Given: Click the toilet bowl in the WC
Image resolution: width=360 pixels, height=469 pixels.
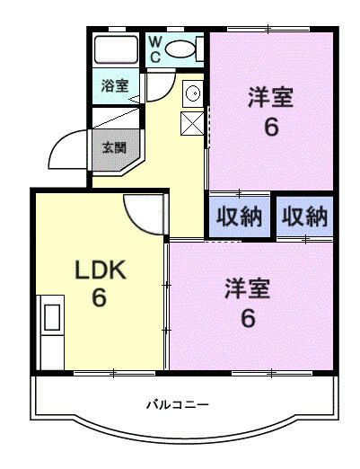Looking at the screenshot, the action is point(180,49).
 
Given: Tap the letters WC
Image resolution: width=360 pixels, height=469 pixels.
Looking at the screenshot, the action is point(155,49).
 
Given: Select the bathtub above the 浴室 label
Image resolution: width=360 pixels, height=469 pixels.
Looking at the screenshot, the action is point(116,49).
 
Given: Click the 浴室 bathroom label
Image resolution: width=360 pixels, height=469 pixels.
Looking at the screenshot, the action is point(115,86).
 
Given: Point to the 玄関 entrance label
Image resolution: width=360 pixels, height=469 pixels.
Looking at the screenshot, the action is point(114,147).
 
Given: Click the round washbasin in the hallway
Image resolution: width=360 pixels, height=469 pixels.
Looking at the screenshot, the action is point(192,93).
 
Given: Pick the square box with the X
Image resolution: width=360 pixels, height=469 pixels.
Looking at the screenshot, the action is point(192,123).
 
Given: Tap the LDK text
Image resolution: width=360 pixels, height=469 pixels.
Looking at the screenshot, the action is point(100,270).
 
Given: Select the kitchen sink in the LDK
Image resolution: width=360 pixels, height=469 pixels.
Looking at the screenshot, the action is point(52,317).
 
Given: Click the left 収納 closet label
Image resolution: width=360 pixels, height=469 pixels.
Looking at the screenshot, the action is point(240,217).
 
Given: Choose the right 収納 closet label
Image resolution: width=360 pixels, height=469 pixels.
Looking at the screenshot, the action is point(304,217).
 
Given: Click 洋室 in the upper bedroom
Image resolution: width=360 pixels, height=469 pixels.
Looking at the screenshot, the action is point(270,97).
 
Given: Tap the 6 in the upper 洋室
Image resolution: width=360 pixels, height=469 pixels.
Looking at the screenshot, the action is point(271,127).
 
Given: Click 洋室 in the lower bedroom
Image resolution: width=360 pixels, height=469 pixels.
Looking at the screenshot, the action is point(248,288).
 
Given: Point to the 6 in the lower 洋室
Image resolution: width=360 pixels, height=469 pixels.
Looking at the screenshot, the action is point(248,318).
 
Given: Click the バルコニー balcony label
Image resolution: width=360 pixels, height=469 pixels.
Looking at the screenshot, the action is point(178,405).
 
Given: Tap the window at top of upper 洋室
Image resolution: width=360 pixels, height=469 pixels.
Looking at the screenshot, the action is point(268,29).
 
